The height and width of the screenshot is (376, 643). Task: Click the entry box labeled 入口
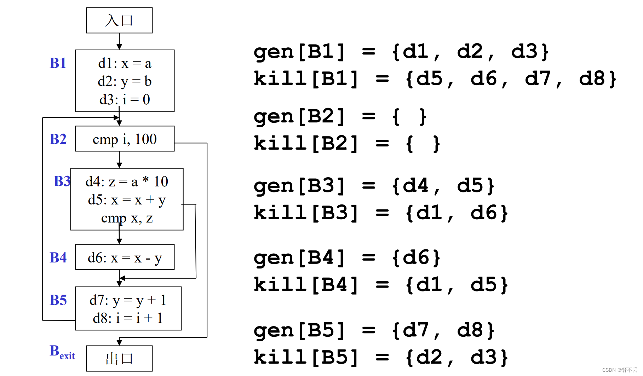119,21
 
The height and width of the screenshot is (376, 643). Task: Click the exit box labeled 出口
119,358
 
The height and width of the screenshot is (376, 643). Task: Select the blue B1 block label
58,63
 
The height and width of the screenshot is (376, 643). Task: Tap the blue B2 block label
58,139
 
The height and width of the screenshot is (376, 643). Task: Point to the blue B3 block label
62,181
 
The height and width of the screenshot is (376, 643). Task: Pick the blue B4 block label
58,258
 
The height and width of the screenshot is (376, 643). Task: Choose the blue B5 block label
58,300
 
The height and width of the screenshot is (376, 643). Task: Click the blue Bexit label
62,352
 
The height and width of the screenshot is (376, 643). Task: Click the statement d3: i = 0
125,100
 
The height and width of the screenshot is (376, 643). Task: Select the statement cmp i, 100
125,139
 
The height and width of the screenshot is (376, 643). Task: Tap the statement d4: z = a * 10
127,182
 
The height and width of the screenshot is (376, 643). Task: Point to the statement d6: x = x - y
125,258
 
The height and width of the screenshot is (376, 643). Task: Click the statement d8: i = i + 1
128,318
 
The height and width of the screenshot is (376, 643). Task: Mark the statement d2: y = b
125,81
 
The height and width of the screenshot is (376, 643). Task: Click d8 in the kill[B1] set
592,79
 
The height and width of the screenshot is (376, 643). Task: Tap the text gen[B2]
299,117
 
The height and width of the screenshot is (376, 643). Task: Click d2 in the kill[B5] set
429,357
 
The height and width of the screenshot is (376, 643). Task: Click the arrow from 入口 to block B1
119,41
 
